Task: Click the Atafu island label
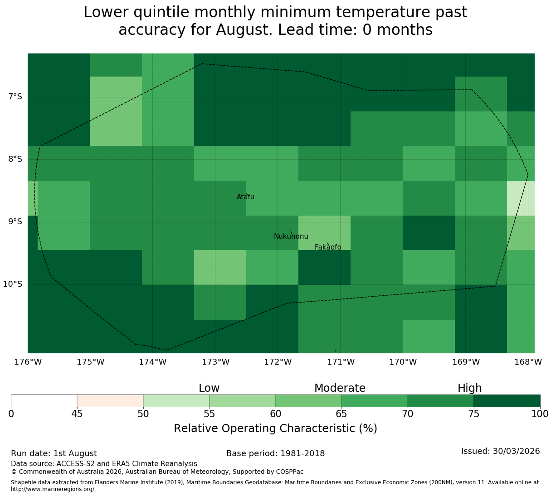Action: tap(245, 197)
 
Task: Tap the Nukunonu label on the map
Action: tap(291, 236)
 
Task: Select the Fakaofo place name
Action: tap(328, 247)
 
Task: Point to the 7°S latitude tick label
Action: tap(15, 96)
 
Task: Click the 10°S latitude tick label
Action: tap(13, 284)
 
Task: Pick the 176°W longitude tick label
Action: tap(28, 362)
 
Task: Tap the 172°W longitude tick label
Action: tap(278, 362)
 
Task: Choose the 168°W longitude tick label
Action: tap(528, 362)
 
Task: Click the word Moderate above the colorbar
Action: tap(340, 388)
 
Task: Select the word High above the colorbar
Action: tap(470, 388)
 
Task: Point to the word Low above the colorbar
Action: tap(209, 388)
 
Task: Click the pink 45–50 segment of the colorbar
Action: tap(110, 401)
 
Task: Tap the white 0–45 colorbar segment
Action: tap(44, 401)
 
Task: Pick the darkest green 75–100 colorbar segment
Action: tap(507, 401)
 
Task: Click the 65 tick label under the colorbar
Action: tap(341, 414)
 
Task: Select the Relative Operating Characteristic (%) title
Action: tap(276, 429)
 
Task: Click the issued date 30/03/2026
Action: tap(517, 451)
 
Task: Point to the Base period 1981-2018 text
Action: tap(276, 453)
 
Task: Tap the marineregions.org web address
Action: tap(54, 489)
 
